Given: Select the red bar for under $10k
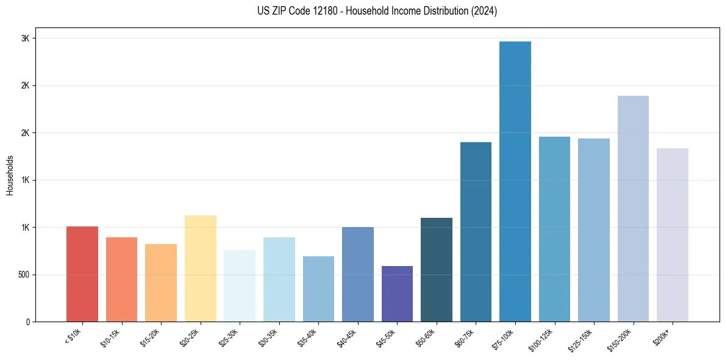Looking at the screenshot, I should (82, 274).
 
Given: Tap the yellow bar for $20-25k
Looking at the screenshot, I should (201, 268).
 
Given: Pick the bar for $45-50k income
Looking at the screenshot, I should (397, 294).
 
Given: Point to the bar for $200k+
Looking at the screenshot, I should (672, 235).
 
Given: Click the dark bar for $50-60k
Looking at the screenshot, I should (437, 270).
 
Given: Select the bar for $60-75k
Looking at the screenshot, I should (476, 232).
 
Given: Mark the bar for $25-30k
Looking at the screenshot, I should (240, 286).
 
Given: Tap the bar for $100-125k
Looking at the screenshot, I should (554, 229).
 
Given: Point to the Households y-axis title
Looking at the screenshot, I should (10, 175).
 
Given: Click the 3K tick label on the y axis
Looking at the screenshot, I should (25, 38).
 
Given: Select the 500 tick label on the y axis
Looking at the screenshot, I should (23, 275).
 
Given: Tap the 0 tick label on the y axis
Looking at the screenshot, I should (28, 322).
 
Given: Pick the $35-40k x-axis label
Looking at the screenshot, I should (308, 337).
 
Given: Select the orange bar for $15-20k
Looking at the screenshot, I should (161, 283).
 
